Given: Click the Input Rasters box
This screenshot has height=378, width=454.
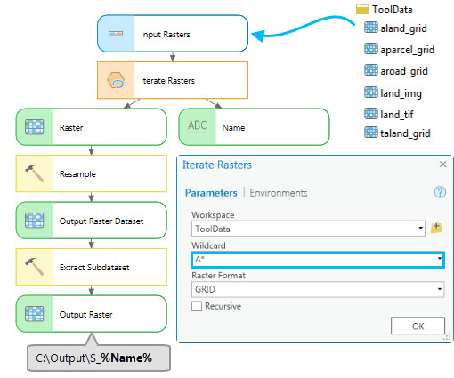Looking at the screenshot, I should [x=171, y=35].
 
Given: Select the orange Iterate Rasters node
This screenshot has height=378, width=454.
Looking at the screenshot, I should [x=172, y=80].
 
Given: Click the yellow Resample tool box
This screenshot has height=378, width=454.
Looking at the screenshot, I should [x=91, y=173].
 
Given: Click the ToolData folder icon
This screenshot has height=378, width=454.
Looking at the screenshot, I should [x=361, y=9].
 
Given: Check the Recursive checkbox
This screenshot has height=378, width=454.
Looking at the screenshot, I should [x=197, y=305].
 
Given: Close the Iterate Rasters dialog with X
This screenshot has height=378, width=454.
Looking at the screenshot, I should [x=442, y=165].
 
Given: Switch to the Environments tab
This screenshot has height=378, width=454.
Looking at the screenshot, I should [x=279, y=192].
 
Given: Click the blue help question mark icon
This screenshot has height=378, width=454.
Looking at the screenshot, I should [x=439, y=192].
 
